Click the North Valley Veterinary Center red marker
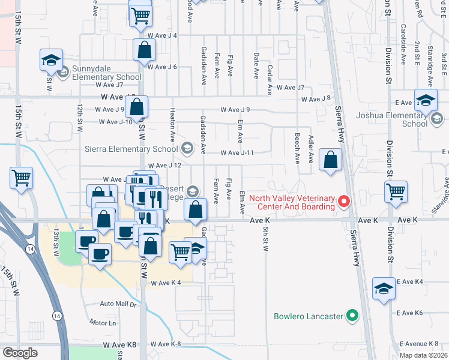tap(344, 202)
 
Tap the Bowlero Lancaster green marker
tap(353, 315)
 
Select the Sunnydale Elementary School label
tap(106, 73)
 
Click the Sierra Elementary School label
tap(136, 149)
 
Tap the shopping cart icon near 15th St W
tap(21, 178)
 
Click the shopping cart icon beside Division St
tap(396, 191)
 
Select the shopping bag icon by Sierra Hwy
tap(330, 160)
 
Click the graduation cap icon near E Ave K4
tap(384, 289)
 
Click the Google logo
tap(20, 353)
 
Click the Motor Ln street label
tap(103, 323)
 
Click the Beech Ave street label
tap(297, 150)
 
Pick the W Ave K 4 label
tap(166, 283)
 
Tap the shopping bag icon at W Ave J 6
tap(145, 51)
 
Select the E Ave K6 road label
tap(410, 313)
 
